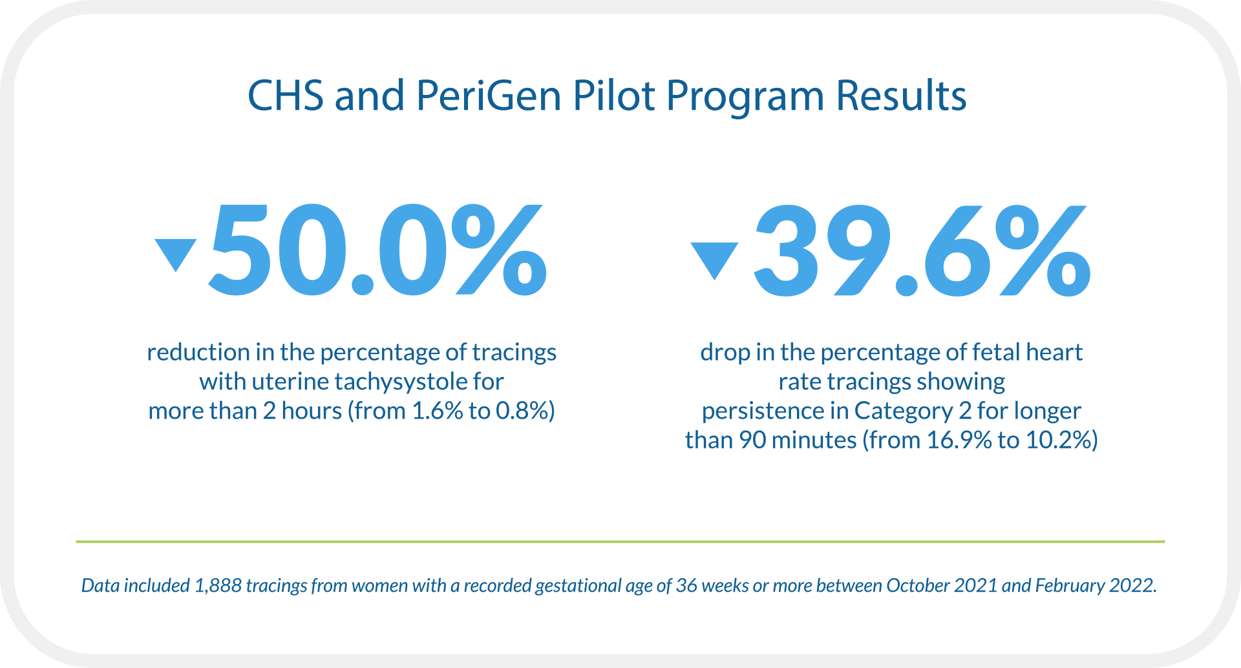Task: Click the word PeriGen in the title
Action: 489,96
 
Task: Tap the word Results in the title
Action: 901,96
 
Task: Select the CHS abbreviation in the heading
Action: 285,96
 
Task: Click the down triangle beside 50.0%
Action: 175,253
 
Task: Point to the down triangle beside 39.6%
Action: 714,258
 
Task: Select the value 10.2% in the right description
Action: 1059,441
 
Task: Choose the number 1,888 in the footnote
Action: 218,585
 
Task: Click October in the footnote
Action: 917,585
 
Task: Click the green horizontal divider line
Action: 620,541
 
